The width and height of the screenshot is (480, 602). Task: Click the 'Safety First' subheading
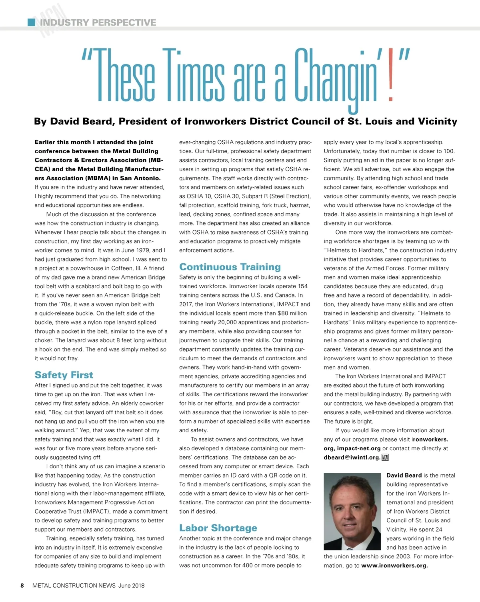[64, 375]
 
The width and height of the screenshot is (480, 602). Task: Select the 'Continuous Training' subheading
[230, 267]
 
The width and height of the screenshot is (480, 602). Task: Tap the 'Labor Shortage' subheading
[218, 528]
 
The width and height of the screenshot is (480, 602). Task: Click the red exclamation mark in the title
[391, 76]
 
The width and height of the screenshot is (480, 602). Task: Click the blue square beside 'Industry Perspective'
[31, 22]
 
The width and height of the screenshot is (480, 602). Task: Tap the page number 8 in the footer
[22, 586]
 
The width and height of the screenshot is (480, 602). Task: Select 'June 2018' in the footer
[132, 586]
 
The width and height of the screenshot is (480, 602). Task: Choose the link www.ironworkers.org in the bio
[394, 566]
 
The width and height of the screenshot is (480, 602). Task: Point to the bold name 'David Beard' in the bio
[404, 476]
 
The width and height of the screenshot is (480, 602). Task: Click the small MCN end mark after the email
[385, 458]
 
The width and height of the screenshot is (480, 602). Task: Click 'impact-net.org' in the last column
[358, 448]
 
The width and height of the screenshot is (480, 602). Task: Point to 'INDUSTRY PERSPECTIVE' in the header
[98, 22]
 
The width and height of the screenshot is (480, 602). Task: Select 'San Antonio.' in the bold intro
[140, 178]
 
